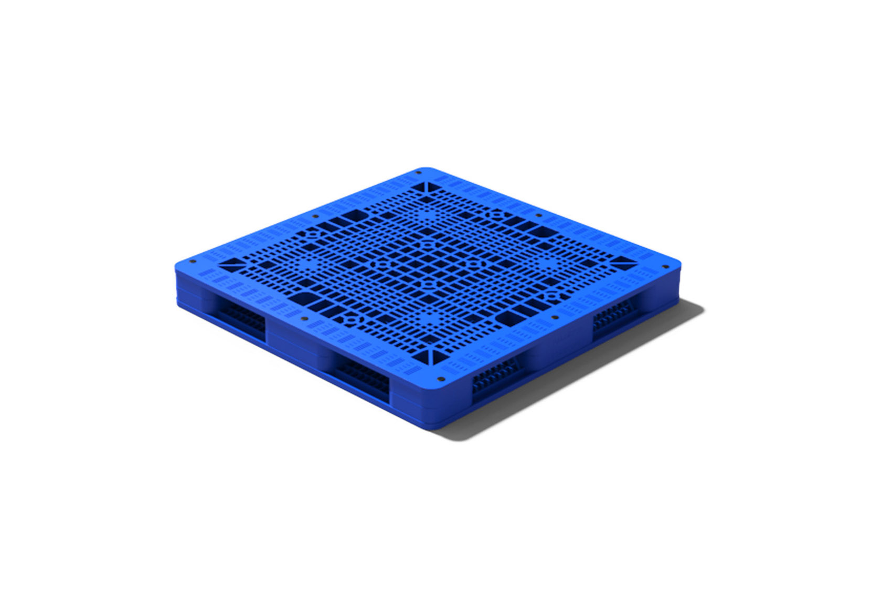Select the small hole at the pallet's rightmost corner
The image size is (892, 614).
pos(665,266)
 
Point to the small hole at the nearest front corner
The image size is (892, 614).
pos(440,378)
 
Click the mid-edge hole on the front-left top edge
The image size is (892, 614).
pos(304,318)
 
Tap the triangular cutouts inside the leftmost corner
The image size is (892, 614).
pos(231,264)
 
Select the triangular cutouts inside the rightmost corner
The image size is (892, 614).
pos(623,263)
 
